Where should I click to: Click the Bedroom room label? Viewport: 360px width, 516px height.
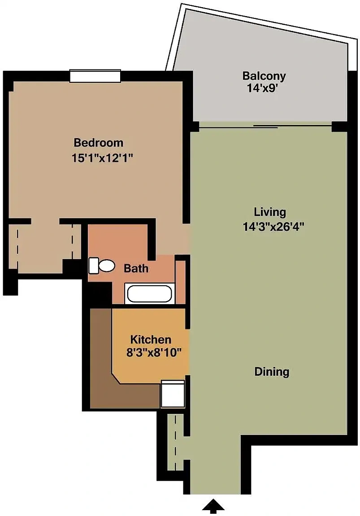point(99,143)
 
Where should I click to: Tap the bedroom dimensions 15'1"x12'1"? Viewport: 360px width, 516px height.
point(102,158)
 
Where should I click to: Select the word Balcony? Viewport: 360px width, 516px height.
point(264,76)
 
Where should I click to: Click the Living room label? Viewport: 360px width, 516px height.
point(270,212)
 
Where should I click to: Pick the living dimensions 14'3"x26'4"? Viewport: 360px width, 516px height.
point(273,226)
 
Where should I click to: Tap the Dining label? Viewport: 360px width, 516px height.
point(272,372)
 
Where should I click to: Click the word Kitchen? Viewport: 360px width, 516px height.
point(151,339)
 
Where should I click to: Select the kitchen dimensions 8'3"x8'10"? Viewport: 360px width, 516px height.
point(154,353)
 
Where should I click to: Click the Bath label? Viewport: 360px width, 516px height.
point(136,269)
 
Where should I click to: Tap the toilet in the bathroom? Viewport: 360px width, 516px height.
point(101,266)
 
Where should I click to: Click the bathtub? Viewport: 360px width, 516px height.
point(150,293)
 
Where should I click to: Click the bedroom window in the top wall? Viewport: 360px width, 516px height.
point(95,76)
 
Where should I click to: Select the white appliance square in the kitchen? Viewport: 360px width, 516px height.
point(172,394)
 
